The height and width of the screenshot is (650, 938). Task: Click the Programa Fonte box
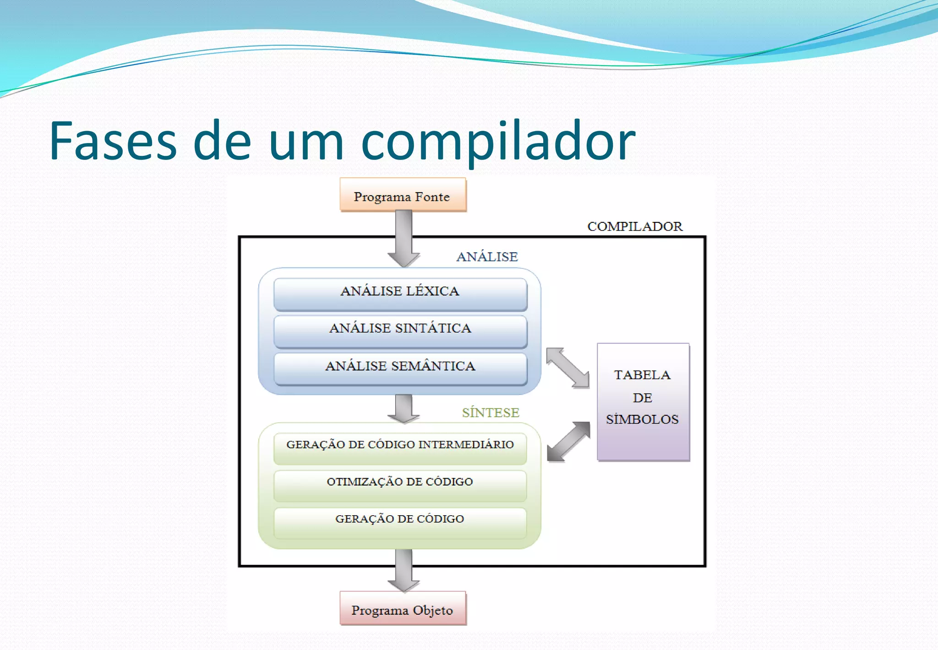point(403,195)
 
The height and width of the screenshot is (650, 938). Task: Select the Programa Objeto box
point(403,609)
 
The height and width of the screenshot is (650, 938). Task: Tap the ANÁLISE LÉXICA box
point(400,293)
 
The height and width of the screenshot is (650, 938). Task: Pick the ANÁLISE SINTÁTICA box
point(400,331)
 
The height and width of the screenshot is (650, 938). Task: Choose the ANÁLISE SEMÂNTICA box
point(400,368)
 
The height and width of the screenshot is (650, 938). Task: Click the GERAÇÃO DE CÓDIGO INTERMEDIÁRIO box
point(400,447)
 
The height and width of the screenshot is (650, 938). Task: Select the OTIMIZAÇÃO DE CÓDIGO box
point(400,485)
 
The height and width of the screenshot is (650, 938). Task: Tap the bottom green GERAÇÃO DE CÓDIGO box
point(400,522)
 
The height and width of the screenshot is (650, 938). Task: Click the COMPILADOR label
point(634,226)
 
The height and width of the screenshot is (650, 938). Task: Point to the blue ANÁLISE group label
point(487,257)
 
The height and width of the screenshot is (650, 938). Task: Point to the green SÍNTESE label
point(490,413)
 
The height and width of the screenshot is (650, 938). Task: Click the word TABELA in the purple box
point(642,375)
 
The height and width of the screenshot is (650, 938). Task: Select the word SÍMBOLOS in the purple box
point(642,419)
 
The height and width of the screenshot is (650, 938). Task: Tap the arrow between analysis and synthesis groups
point(404,408)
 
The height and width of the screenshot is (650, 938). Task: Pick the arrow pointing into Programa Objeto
point(404,571)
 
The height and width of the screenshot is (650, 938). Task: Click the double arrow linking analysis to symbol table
point(568,368)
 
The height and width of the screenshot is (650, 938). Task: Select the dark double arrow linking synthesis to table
point(568,441)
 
